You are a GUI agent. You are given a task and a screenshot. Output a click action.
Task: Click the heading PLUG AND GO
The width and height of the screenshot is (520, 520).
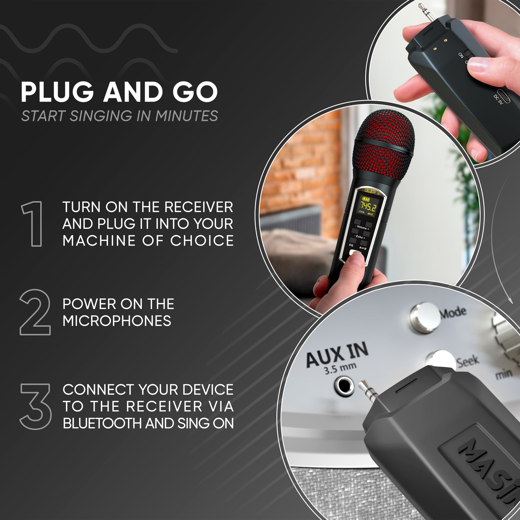point(119,92)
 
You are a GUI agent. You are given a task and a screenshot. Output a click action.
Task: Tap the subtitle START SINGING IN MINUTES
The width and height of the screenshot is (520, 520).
point(119,116)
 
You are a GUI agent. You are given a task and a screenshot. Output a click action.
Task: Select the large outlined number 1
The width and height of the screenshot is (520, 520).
point(33,224)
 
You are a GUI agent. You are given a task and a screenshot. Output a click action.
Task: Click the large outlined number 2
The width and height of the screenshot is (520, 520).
point(35,312)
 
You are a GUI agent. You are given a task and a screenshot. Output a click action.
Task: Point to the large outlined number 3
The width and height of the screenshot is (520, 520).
point(36,406)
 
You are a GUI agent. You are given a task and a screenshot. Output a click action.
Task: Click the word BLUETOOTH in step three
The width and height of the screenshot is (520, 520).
point(103,424)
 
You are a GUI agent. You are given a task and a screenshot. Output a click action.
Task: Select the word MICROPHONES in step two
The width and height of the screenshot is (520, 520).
point(117,321)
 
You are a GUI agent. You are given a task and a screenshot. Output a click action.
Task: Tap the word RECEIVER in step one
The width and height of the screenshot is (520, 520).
point(198,207)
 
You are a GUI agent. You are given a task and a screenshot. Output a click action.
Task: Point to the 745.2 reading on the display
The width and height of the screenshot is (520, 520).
point(368,206)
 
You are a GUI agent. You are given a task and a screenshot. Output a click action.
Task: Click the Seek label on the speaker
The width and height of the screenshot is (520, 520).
point(468,361)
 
